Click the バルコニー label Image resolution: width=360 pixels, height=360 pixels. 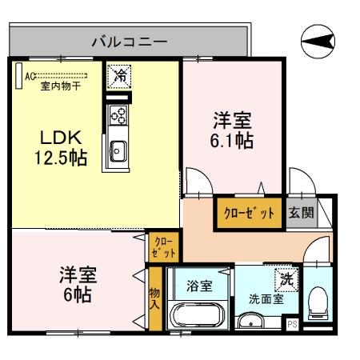128,42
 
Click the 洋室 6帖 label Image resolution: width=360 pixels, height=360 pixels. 78,285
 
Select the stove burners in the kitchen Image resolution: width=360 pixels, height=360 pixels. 118,114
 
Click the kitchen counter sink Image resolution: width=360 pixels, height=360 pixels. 118,150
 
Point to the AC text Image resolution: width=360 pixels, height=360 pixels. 29,77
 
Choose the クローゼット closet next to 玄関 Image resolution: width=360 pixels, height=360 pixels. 247,214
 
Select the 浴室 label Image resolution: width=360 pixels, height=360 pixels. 199,286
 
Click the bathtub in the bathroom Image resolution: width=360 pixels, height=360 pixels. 197,318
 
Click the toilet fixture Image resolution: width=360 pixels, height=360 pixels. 318,302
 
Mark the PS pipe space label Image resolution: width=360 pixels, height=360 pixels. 291,324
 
